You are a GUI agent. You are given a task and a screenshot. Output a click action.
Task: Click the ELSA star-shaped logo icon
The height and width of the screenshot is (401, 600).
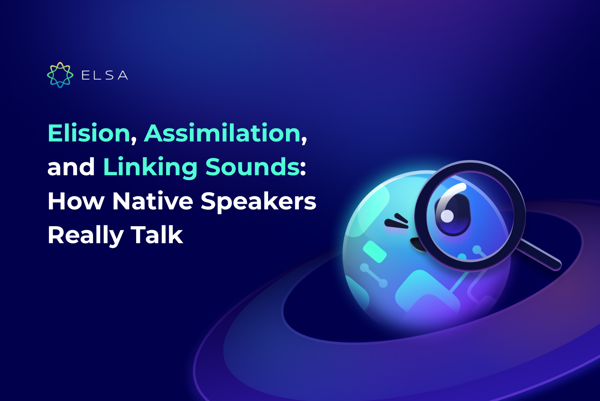click(60, 75)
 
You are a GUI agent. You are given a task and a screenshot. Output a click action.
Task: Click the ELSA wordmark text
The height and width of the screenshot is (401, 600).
click(105, 75)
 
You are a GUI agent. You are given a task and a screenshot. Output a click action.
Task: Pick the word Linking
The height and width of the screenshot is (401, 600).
click(150, 167)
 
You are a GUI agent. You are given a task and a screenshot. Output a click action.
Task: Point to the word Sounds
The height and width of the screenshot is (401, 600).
click(252, 167)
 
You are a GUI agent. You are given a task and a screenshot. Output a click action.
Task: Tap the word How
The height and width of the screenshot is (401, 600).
click(76, 201)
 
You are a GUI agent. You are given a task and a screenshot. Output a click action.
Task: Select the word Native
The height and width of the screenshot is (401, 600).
click(152, 201)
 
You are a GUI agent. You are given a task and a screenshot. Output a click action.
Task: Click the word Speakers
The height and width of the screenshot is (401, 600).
click(258, 201)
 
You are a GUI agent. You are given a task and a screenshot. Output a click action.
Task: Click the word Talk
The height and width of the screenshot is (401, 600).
click(157, 235)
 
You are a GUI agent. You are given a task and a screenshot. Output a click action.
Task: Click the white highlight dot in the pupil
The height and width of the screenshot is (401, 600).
click(447, 216)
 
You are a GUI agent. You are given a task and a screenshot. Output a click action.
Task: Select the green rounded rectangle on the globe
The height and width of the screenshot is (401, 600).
click(375, 251)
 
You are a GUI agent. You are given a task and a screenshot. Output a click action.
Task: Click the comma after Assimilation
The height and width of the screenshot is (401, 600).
click(304, 140)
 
